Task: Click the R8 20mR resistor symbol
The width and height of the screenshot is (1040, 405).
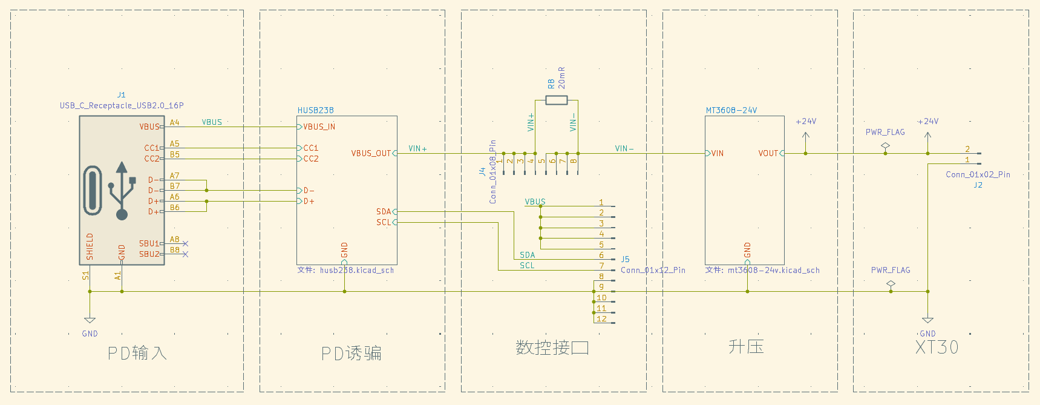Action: click(557, 100)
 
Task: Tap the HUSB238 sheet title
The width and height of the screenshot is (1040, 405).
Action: click(316, 110)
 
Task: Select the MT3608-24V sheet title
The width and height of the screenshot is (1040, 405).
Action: click(731, 110)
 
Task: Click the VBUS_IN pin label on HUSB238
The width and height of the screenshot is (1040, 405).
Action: click(319, 127)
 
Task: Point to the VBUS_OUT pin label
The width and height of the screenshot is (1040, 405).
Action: click(371, 153)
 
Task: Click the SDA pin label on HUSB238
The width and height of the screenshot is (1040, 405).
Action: click(384, 211)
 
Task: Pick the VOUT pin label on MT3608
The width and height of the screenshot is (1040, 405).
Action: click(768, 153)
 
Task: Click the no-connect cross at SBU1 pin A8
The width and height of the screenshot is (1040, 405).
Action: click(185, 243)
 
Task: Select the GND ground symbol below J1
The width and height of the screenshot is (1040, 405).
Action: click(90, 320)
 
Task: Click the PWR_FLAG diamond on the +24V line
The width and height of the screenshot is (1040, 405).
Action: click(885, 146)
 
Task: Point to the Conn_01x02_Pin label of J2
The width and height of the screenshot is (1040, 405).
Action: click(978, 174)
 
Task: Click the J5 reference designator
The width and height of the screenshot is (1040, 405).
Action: click(625, 259)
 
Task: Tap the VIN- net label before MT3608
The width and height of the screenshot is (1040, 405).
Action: click(624, 148)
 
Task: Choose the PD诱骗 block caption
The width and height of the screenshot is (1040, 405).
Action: click(352, 353)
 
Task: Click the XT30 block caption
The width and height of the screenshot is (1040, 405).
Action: click(937, 347)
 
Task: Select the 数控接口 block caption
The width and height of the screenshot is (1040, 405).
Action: click(552, 347)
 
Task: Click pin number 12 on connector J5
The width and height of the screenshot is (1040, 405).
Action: click(601, 318)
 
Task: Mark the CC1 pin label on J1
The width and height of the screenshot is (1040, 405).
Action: click(151, 148)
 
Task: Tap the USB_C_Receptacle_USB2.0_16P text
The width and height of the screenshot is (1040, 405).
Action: click(122, 105)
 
